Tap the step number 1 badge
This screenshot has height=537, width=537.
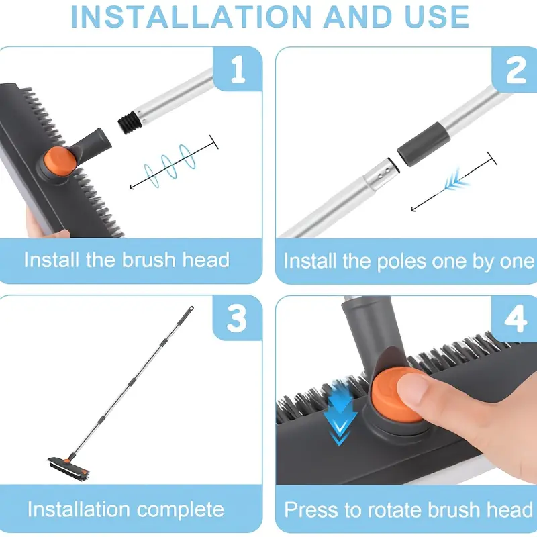(238, 69)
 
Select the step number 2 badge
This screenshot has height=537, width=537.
(514, 70)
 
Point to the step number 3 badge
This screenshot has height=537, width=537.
(237, 318)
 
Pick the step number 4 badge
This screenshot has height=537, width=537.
(514, 318)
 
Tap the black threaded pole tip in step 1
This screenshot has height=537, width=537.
(128, 122)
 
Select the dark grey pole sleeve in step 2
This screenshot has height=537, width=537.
(424, 144)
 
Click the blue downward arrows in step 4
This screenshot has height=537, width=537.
(340, 411)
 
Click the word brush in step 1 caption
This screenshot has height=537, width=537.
(149, 260)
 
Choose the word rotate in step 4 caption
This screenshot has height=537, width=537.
(395, 510)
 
